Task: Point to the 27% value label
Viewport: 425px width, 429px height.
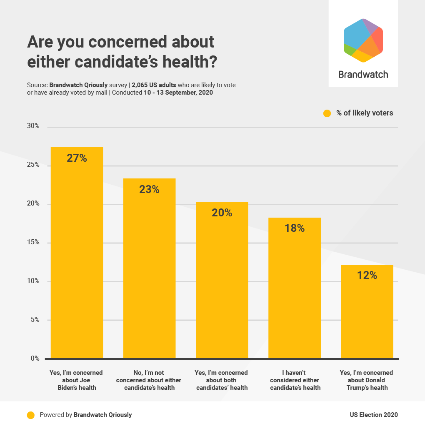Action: click(x=77, y=158)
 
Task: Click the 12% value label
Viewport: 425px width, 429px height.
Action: click(x=367, y=276)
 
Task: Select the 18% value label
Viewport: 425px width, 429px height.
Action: click(x=294, y=228)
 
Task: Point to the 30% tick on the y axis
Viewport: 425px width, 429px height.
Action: click(x=33, y=126)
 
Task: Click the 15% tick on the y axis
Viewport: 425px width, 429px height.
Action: click(x=33, y=242)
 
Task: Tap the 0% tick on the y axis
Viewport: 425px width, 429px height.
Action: click(x=35, y=359)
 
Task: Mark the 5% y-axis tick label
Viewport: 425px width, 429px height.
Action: click(x=35, y=320)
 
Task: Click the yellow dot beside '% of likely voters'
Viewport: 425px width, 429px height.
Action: click(x=327, y=113)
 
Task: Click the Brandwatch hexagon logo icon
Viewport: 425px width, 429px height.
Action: click(x=363, y=40)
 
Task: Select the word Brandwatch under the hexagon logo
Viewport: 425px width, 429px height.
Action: click(x=363, y=75)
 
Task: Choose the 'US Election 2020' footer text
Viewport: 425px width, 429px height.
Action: click(x=373, y=415)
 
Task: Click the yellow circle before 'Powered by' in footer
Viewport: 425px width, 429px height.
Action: click(x=30, y=415)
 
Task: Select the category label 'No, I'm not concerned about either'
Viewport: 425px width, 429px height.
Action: click(x=149, y=376)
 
